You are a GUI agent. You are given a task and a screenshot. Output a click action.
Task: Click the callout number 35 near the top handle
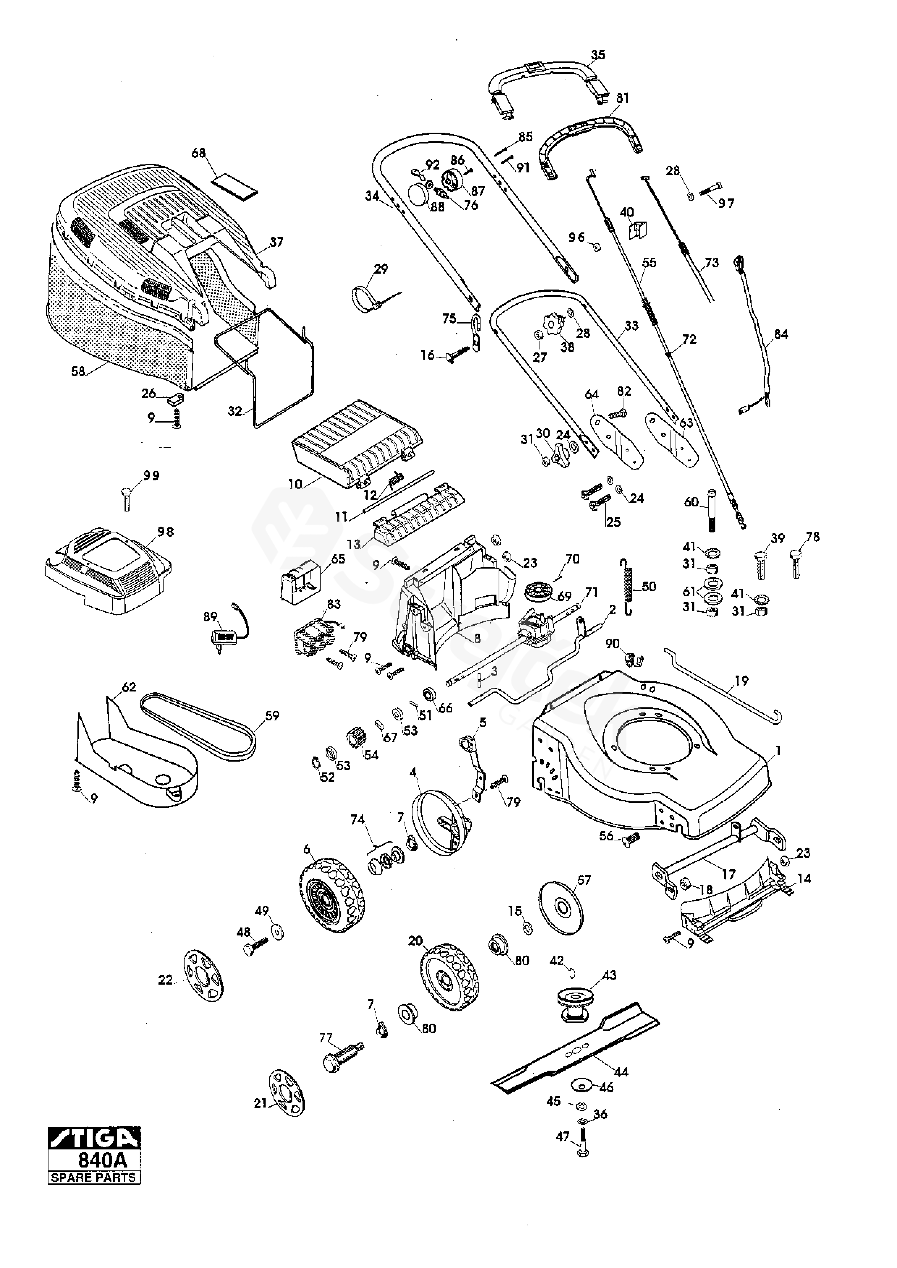[598, 55]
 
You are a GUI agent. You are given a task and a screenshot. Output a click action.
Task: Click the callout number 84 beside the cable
[780, 334]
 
